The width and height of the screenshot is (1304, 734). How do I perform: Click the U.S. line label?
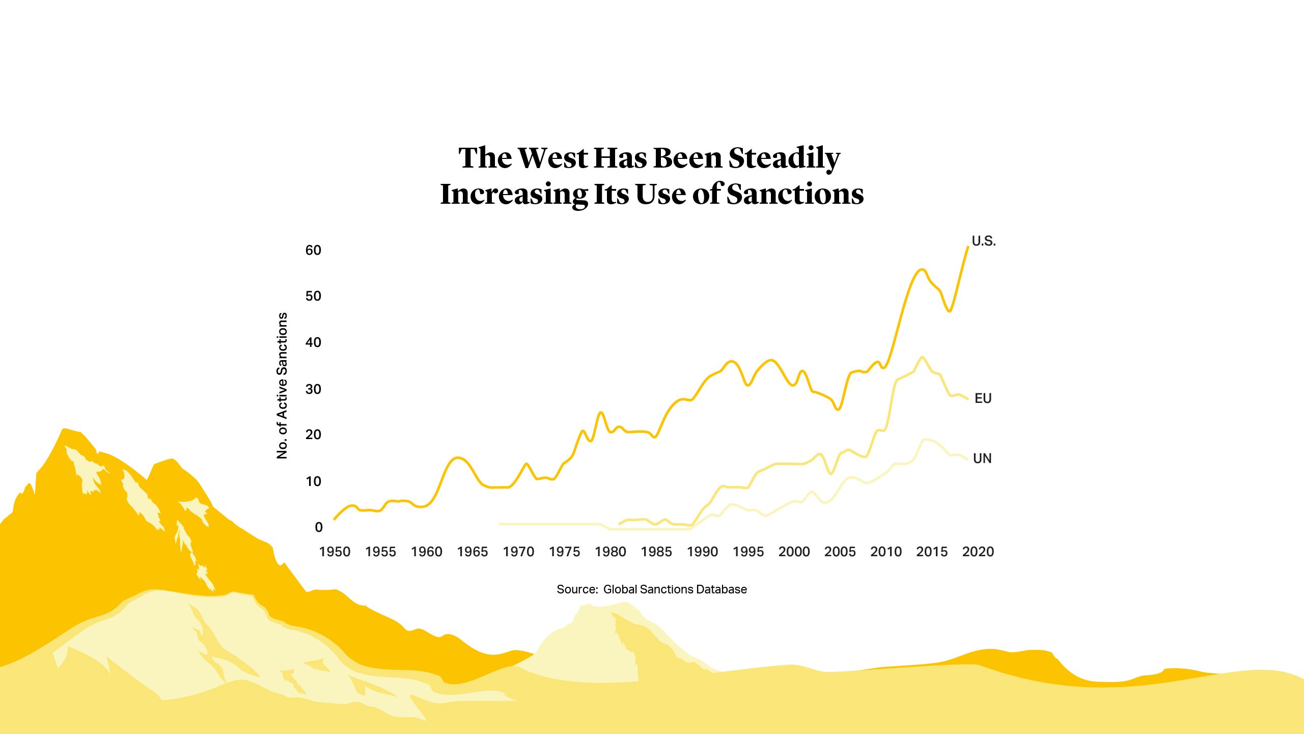983,241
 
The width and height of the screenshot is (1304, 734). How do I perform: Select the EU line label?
983,398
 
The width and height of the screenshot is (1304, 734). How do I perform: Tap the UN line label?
982,458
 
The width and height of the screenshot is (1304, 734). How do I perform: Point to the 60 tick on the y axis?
313,250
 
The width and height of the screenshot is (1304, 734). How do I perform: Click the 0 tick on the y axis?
319,527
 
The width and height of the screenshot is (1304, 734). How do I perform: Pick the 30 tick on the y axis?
313,389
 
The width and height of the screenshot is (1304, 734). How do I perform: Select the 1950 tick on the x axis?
335,552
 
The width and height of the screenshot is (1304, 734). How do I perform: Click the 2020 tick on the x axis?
978,552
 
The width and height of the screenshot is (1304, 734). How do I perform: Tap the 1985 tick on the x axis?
656,552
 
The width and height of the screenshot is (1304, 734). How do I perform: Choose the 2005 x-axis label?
840,552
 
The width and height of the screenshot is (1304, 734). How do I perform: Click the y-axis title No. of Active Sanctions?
282,386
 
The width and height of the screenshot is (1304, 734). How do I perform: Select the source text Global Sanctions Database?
675,589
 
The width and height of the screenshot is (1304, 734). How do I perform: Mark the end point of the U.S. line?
967,247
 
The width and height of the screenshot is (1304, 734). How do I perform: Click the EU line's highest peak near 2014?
922,357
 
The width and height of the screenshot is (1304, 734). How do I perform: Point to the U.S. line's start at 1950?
335,519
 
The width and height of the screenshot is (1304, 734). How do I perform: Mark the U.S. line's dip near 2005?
838,409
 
